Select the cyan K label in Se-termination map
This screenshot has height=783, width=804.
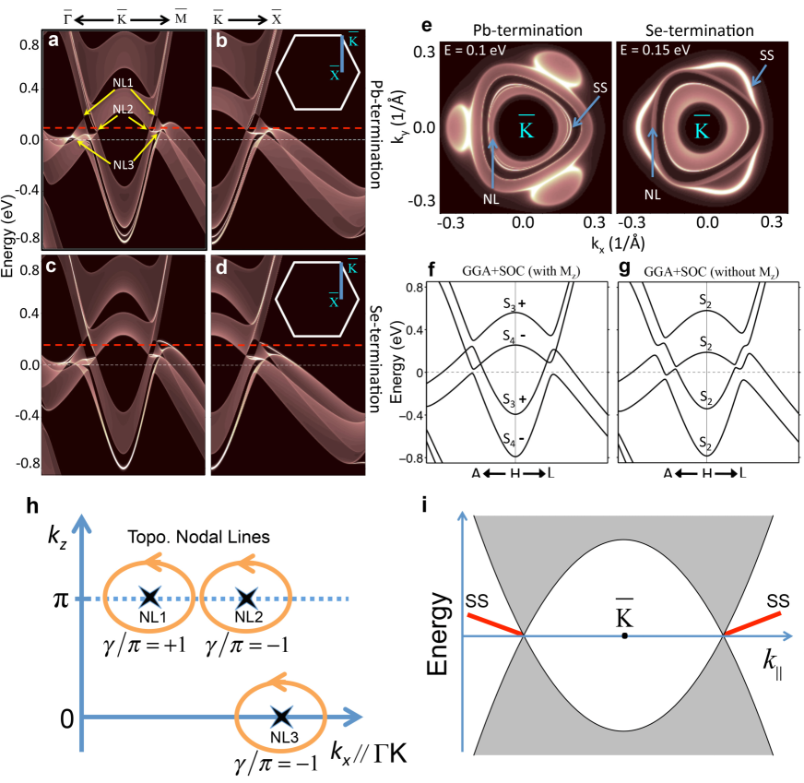tap(701, 130)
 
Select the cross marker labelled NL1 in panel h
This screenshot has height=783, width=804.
tap(147, 598)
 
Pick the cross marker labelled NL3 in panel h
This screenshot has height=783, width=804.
tap(280, 718)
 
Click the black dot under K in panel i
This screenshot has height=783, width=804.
tap(625, 636)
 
